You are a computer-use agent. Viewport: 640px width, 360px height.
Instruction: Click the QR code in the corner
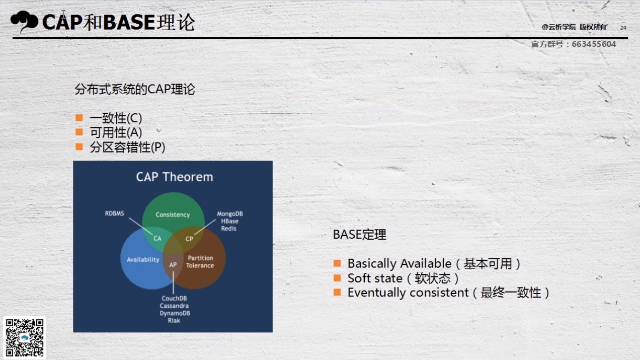[x=25, y=338]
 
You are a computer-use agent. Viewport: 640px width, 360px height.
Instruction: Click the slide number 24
[x=623, y=28]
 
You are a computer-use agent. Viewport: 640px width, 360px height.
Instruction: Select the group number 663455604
[x=594, y=44]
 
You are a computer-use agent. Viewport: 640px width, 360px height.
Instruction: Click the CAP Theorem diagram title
[x=174, y=177]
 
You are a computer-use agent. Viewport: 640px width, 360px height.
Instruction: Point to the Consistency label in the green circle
[x=173, y=214]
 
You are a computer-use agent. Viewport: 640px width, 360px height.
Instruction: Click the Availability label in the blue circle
[x=143, y=260]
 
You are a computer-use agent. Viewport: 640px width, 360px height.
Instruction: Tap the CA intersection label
[x=157, y=239]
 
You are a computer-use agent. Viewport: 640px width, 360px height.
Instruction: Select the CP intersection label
[x=189, y=239]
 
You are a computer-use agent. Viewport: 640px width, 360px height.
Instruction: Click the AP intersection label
[x=173, y=265]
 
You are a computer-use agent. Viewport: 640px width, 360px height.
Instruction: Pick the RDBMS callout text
[x=114, y=213]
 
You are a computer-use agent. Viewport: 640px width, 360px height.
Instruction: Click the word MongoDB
[x=230, y=213]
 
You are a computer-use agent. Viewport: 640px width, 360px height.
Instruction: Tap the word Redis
[x=228, y=229]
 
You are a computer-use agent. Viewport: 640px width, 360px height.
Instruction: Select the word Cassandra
[x=174, y=306]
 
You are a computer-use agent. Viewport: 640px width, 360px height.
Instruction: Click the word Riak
[x=174, y=321]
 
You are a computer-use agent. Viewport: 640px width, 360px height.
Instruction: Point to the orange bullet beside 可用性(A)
[x=79, y=132]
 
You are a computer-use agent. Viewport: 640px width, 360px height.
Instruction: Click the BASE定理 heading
[x=359, y=235]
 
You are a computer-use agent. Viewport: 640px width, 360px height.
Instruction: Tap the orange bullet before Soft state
[x=337, y=278]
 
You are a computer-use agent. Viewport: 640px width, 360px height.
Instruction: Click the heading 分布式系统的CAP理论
[x=135, y=89]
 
